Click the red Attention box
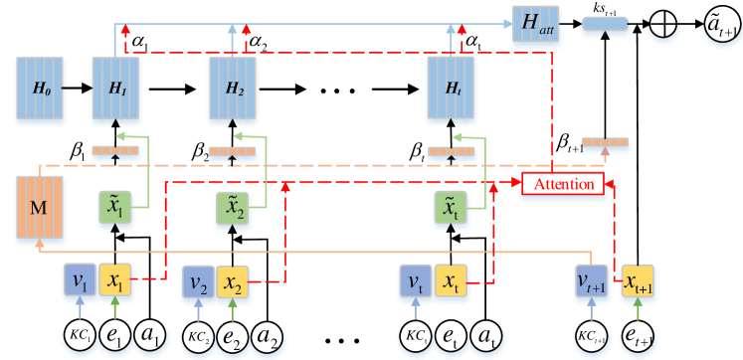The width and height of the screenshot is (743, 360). coord(563,184)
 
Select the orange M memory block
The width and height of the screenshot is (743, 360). coord(40,209)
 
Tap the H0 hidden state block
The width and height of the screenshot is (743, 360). coord(40,89)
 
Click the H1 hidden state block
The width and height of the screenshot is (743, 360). coord(115,89)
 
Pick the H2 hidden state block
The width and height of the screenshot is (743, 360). coord(233,89)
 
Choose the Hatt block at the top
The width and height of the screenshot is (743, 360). coord(534,25)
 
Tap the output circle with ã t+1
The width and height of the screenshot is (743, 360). coord(718,24)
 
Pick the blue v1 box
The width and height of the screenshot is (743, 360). coord(78,281)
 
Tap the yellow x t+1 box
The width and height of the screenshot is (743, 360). coord(637,283)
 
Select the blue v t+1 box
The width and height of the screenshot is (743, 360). coord(594,282)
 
